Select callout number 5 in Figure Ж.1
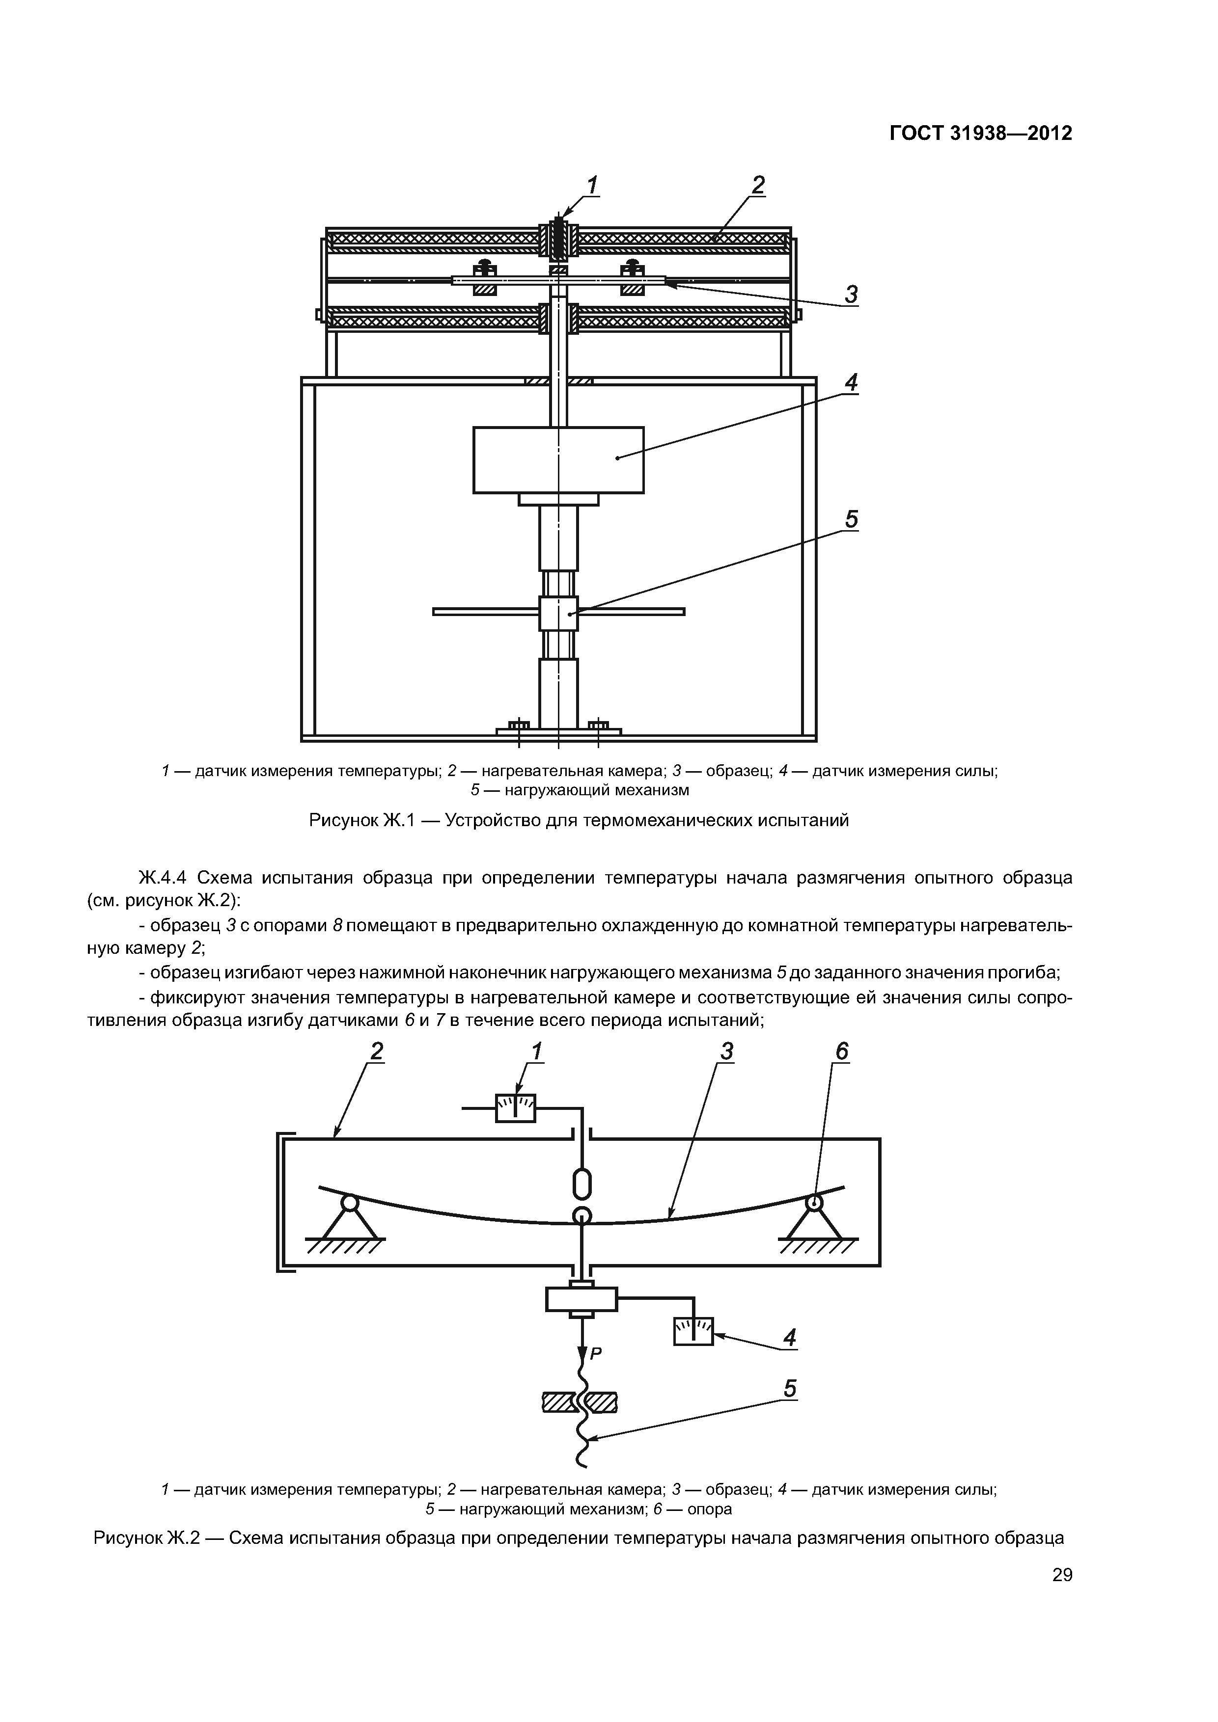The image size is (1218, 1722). point(851,520)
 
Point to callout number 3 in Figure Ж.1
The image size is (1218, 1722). point(851,295)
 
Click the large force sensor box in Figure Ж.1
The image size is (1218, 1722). point(558,460)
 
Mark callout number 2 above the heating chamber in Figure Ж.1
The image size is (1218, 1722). point(758,185)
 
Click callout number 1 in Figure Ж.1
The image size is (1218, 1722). point(593,185)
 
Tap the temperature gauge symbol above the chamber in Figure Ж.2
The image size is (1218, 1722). point(516,1108)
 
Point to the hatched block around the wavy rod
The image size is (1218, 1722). point(580,1402)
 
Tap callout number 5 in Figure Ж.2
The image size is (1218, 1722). point(789,1389)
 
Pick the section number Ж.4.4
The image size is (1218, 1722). point(166,878)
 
